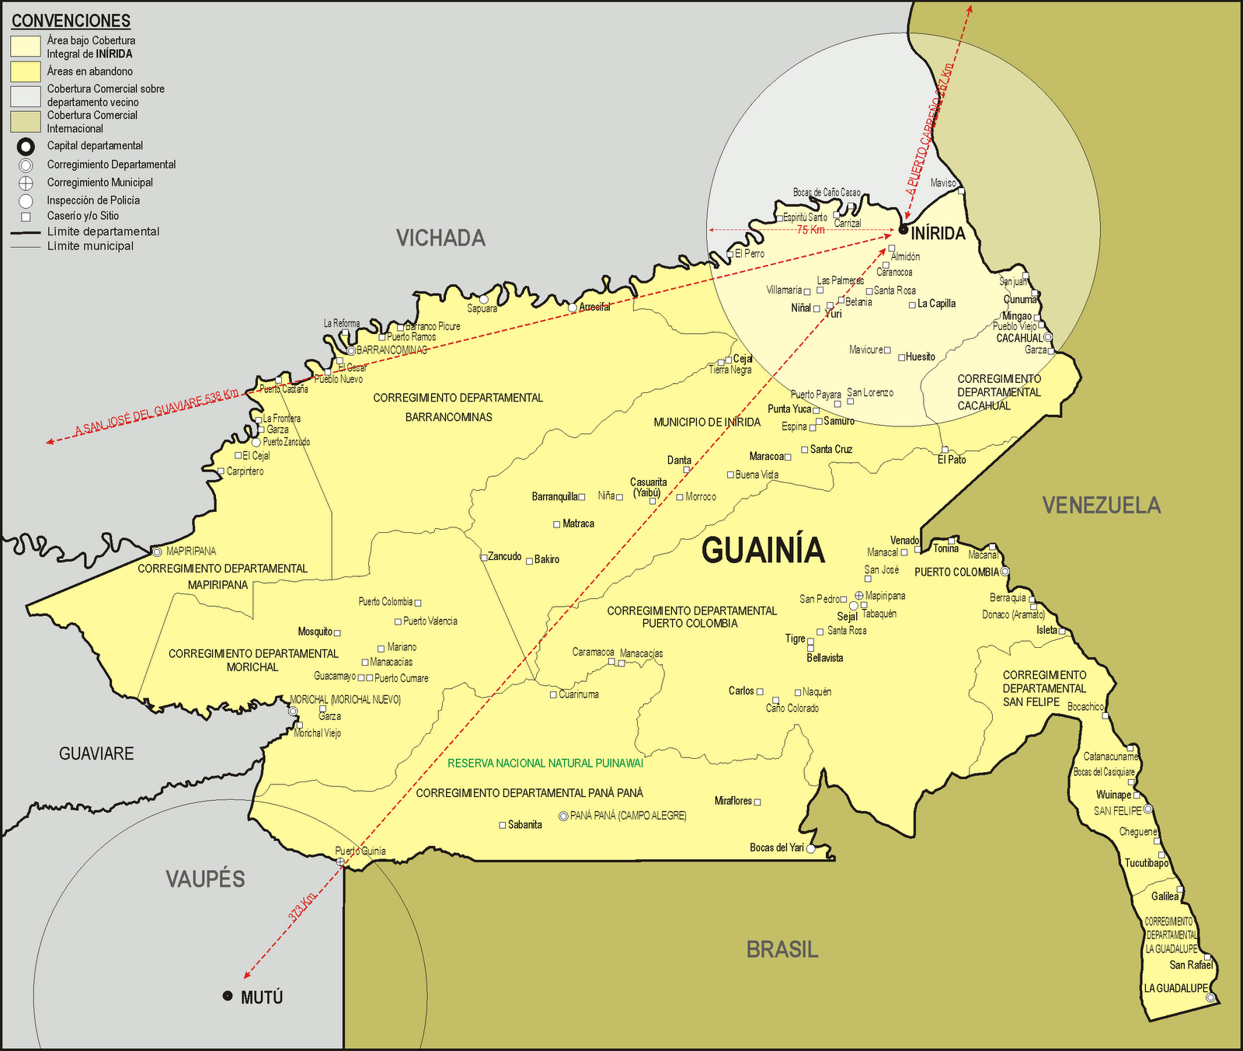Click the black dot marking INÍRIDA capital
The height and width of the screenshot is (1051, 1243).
point(903,230)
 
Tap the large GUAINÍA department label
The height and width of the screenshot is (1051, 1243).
point(762,550)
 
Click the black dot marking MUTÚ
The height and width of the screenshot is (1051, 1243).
point(228,996)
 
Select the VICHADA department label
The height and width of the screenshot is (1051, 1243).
point(440,238)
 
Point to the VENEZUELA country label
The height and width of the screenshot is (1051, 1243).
point(1101,505)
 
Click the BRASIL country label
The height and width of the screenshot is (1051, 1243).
point(782,949)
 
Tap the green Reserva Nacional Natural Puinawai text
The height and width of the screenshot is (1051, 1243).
point(545,764)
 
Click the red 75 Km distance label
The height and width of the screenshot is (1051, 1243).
point(810,230)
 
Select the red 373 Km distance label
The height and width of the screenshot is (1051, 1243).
point(302,907)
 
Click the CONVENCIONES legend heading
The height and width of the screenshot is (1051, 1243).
point(71,21)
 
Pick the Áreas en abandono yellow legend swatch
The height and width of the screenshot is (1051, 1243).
point(25,71)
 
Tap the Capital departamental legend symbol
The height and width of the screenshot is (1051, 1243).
point(26,146)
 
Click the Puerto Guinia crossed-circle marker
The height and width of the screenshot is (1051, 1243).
point(341,862)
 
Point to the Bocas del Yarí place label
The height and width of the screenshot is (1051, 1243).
point(776,847)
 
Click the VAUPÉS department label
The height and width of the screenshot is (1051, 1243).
point(205,879)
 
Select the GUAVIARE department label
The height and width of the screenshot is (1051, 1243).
point(96,753)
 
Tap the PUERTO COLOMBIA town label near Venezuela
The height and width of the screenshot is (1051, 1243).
point(956,572)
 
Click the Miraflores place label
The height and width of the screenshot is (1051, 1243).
point(733,801)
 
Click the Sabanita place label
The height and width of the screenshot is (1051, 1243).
point(524,824)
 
